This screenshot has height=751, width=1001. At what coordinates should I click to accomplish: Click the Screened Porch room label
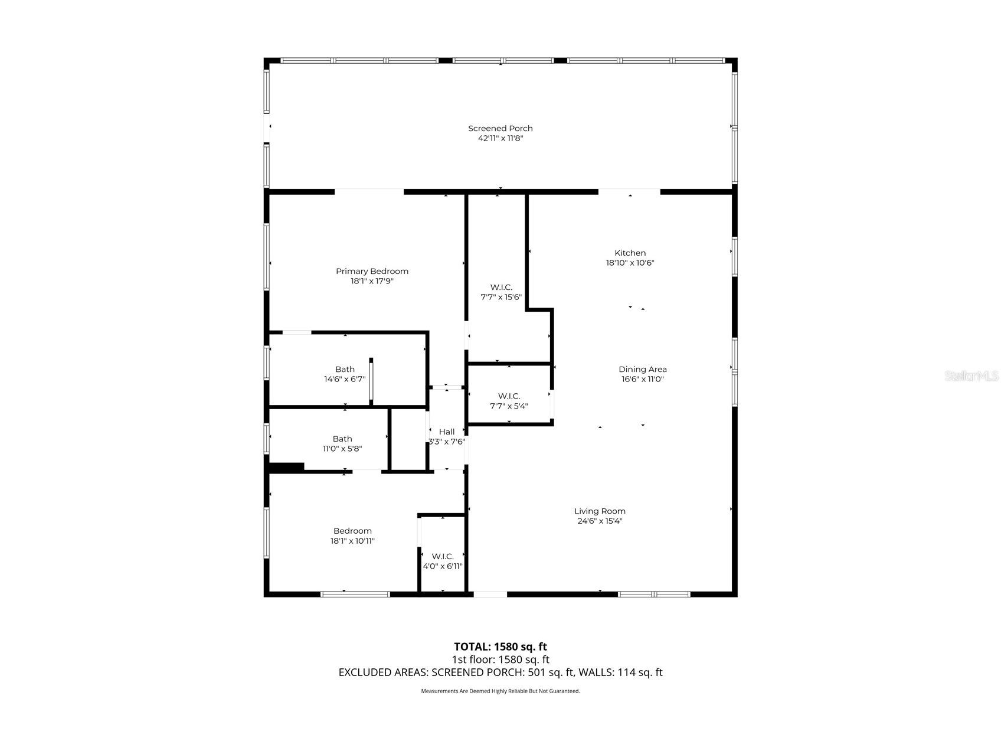(500, 128)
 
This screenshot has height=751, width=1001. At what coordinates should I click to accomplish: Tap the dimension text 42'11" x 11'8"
(500, 138)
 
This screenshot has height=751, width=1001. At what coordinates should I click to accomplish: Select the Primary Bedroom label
(372, 271)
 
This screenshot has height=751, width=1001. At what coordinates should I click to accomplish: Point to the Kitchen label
(630, 253)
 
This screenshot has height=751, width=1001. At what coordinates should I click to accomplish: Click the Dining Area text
(642, 369)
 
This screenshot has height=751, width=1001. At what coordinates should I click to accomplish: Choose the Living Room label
(600, 511)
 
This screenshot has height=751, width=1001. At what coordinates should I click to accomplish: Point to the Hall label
(446, 432)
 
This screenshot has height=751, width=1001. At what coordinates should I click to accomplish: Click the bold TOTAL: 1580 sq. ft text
(500, 646)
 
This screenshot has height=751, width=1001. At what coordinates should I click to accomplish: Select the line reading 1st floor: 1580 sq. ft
(500, 659)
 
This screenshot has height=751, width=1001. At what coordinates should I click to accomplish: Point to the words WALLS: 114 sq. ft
(620, 672)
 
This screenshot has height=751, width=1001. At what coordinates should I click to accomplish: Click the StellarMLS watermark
(970, 375)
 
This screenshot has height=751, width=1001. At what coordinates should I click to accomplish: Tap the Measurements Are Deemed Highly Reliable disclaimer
(500, 691)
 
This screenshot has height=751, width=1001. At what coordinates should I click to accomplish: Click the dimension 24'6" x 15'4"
(600, 521)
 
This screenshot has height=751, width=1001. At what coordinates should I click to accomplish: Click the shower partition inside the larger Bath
(371, 381)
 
